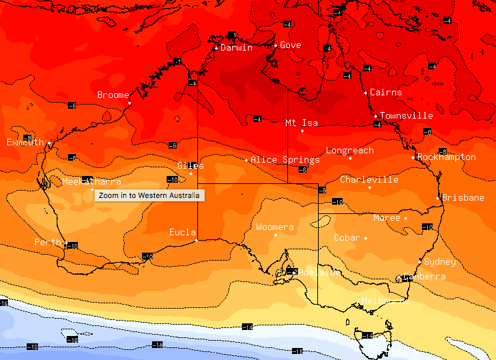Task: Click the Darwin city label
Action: click(x=237, y=48)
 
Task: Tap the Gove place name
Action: click(x=291, y=45)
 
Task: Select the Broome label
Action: click(x=113, y=95)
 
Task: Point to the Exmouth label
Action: click(x=25, y=143)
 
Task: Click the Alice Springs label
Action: click(x=285, y=160)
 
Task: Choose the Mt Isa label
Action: click(x=301, y=123)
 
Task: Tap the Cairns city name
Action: click(x=386, y=93)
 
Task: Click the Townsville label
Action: click(x=407, y=116)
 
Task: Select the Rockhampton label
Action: click(x=447, y=157)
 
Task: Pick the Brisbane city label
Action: click(x=463, y=198)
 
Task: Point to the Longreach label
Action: click(x=350, y=151)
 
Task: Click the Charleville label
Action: click(x=369, y=180)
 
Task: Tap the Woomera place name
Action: click(x=275, y=228)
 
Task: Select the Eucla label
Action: click(x=183, y=233)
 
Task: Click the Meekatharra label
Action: click(x=91, y=182)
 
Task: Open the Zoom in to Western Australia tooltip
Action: click(x=149, y=195)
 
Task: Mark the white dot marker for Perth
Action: click(x=65, y=243)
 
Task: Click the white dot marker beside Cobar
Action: click(x=365, y=238)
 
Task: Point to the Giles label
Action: click(x=191, y=166)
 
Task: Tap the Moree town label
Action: click(x=387, y=218)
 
